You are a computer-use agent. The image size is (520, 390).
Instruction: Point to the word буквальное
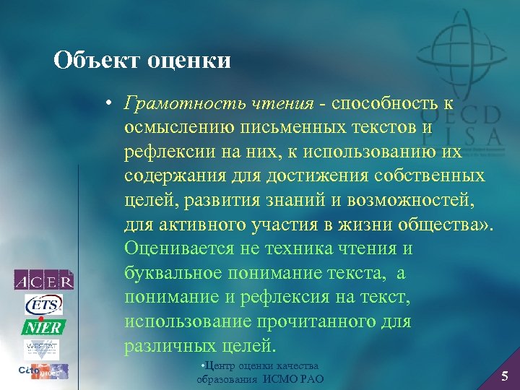coord(174,273)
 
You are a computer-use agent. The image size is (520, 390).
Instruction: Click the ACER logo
coord(43,279)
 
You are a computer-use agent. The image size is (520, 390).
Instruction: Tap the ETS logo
coord(43,304)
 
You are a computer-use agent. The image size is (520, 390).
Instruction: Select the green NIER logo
coord(43,326)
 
